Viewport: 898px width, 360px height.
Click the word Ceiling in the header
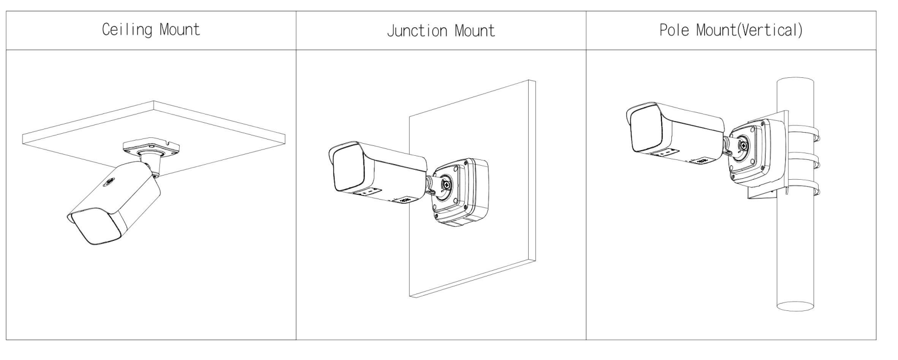[x=126, y=30]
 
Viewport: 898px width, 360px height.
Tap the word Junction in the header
[x=416, y=31]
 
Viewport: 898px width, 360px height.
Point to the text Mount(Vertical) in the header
[x=750, y=30]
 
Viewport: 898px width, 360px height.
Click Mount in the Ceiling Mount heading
[x=180, y=30]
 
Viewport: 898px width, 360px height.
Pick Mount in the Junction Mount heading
[x=474, y=31]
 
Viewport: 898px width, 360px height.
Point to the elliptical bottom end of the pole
[x=795, y=306]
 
